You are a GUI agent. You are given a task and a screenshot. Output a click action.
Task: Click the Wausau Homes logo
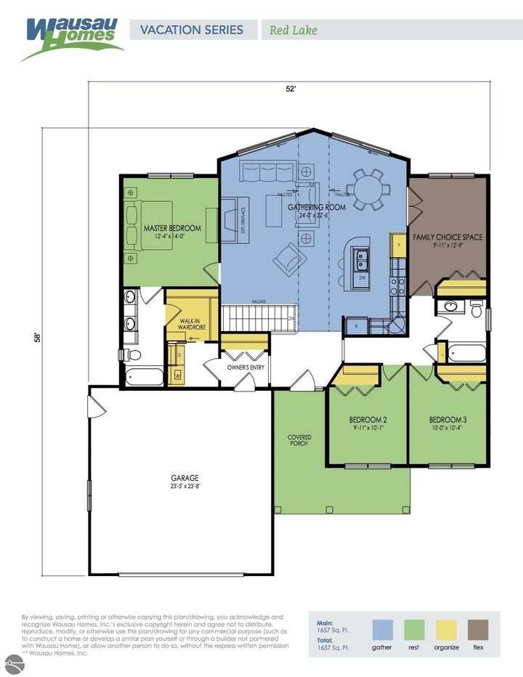click(72, 36)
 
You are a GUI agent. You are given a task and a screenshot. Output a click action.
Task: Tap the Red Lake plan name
click(293, 31)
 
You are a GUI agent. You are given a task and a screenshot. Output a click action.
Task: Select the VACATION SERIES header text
click(192, 31)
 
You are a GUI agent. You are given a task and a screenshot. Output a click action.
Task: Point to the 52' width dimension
click(291, 89)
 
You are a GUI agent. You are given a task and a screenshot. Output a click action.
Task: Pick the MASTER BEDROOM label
click(172, 228)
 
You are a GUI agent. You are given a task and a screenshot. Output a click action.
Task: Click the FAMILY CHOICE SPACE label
click(447, 237)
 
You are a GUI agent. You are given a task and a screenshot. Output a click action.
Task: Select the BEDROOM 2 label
click(367, 420)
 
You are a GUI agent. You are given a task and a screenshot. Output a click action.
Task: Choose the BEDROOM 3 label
click(447, 420)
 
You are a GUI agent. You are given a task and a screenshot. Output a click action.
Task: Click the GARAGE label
click(185, 478)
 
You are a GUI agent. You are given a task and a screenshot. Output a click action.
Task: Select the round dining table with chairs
click(368, 187)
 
